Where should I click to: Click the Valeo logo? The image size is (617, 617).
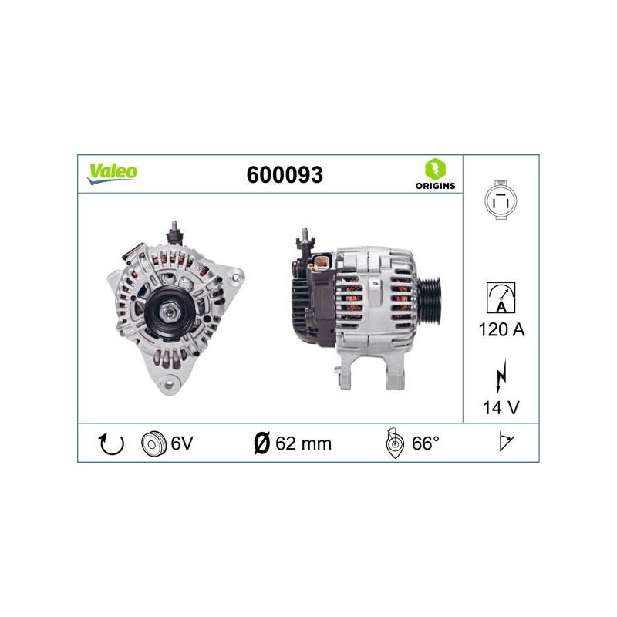coord(112,174)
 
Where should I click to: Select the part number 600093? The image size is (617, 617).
coord(285,175)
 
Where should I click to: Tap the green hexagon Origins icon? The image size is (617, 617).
coord(435,169)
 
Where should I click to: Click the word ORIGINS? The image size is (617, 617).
coord(435,186)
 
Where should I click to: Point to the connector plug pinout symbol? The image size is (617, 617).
coord(501,200)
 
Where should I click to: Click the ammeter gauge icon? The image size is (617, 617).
coord(501,298)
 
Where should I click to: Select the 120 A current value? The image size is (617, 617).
coord(502,329)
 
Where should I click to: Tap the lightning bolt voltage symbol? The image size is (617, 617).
coord(501,376)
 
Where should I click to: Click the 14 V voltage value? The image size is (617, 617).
coord(501,407)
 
